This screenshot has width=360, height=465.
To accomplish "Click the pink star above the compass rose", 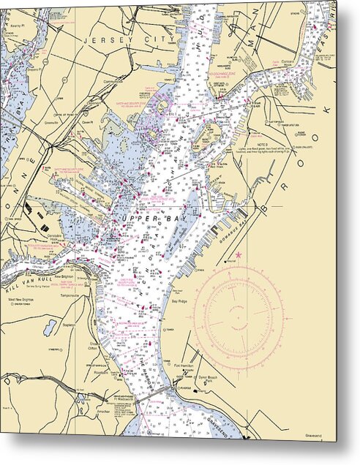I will [x=238, y=255].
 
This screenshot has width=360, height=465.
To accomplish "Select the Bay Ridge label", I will [x=179, y=300].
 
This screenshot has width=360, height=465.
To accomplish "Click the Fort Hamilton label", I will [x=186, y=365].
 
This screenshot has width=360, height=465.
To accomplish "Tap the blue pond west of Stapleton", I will [x=50, y=327].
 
